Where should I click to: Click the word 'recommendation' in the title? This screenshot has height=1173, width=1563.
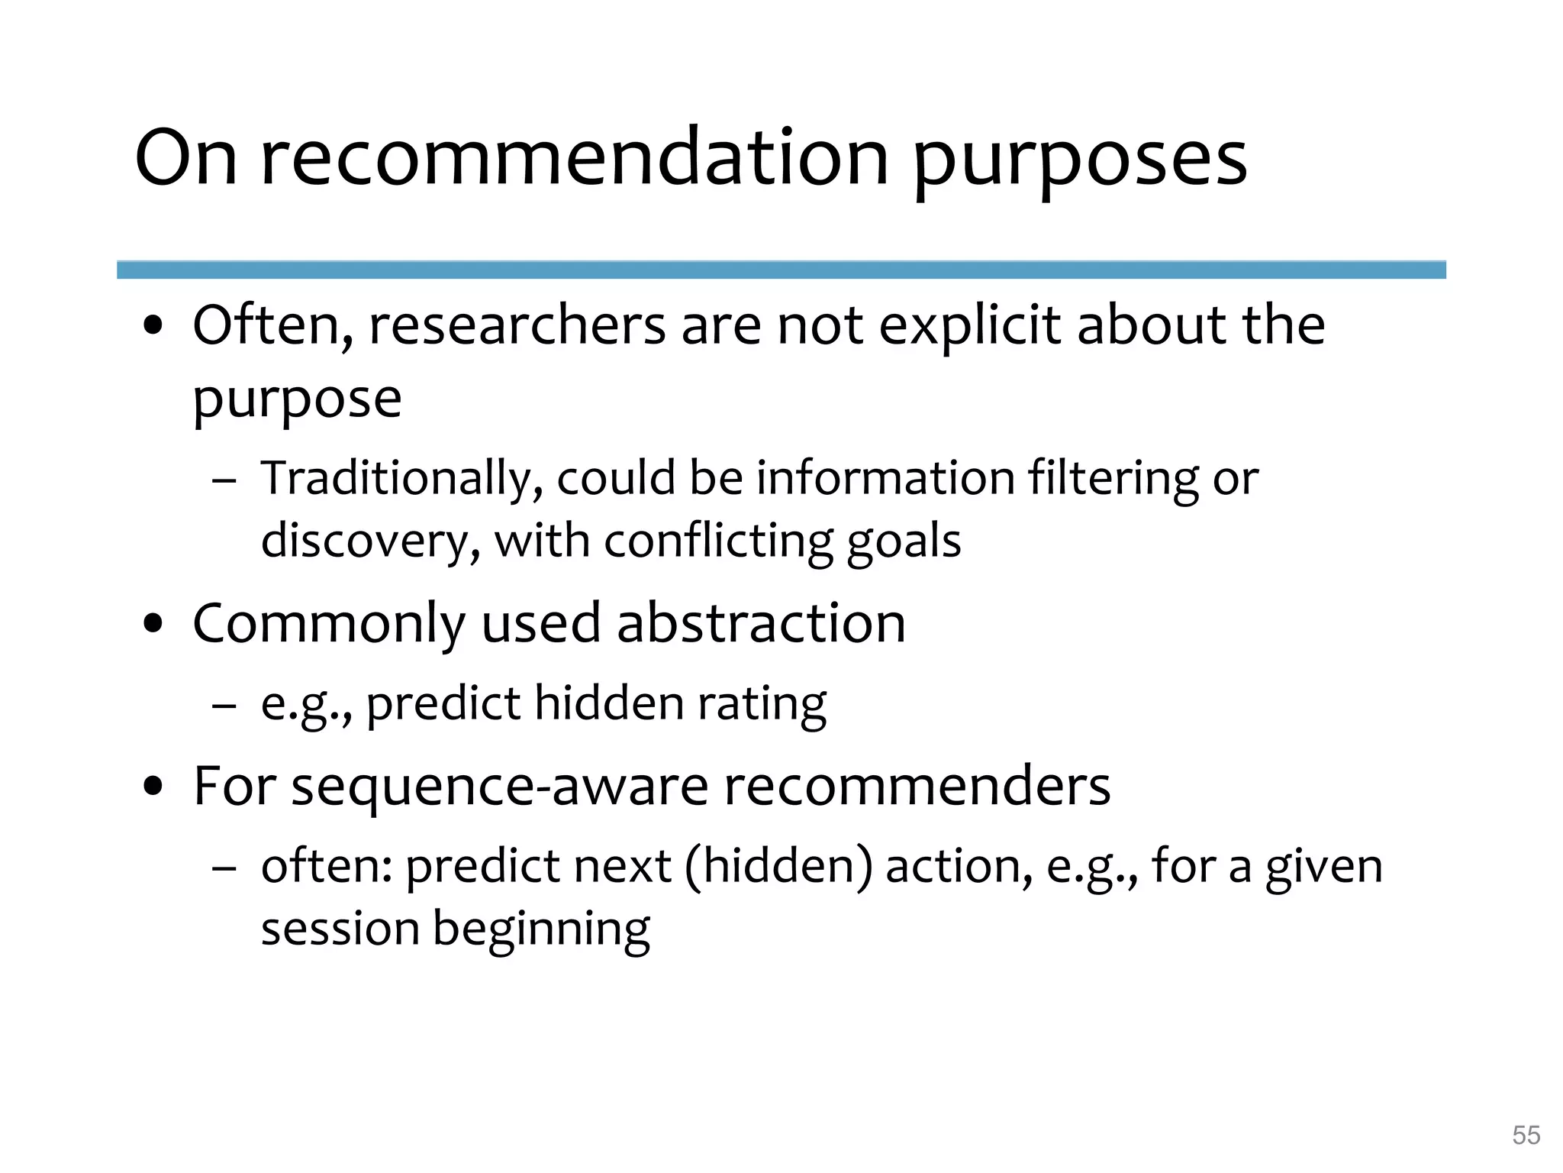point(575,159)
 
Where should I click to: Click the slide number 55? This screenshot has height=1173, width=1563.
point(1526,1135)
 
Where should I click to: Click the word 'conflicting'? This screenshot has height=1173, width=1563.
point(718,541)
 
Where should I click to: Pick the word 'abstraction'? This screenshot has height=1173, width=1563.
point(761,623)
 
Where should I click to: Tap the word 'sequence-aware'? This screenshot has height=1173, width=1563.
point(500,787)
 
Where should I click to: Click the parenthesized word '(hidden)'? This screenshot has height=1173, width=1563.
point(778,867)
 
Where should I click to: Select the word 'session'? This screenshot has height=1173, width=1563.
point(340,929)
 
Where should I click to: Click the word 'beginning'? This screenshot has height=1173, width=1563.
point(541,931)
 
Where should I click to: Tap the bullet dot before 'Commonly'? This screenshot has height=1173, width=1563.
point(154,625)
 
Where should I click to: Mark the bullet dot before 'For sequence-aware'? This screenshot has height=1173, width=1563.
point(154,787)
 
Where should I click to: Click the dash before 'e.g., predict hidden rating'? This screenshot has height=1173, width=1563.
point(224,706)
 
